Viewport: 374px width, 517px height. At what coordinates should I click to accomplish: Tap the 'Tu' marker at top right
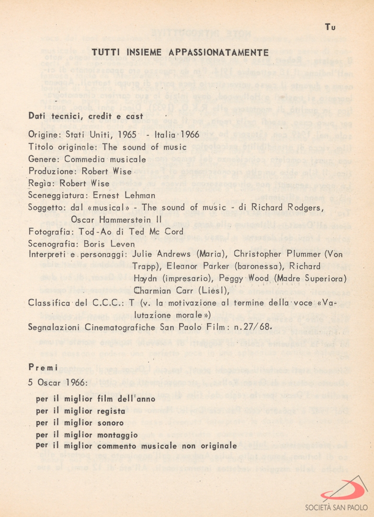pos(330,27)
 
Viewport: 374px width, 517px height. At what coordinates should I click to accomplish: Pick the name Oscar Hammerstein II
pos(116,219)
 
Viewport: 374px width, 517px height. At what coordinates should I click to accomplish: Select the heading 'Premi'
pos(43,368)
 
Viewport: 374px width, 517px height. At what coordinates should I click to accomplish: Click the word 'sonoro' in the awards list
pos(111,423)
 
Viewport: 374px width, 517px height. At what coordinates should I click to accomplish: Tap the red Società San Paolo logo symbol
pos(344,490)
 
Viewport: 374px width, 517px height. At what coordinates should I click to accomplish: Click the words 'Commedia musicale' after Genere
pos(105,159)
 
